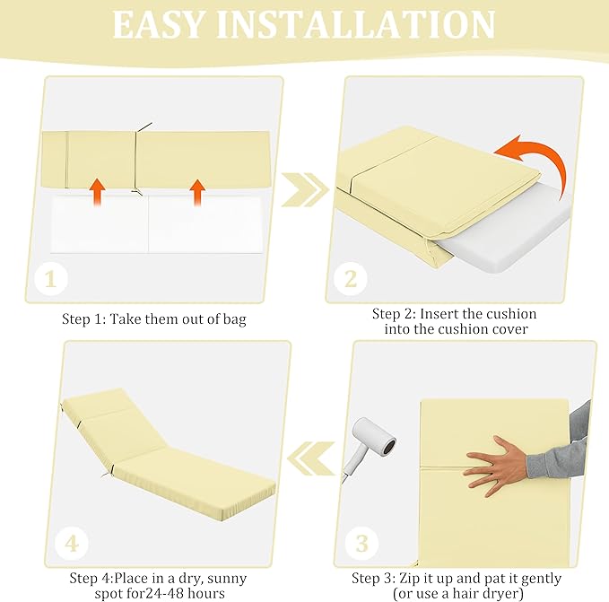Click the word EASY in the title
(158, 24)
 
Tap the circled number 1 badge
(50, 279)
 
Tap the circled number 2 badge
(351, 279)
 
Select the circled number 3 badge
(361, 544)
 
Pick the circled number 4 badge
(72, 544)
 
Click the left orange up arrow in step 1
(97, 192)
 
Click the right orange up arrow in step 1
(197, 193)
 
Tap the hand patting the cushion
(494, 465)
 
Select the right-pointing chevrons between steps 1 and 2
(305, 189)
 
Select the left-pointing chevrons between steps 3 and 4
(311, 458)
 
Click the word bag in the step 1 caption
(235, 319)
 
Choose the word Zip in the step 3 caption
(409, 579)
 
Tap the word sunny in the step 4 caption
(227, 579)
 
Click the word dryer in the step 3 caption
(501, 594)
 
